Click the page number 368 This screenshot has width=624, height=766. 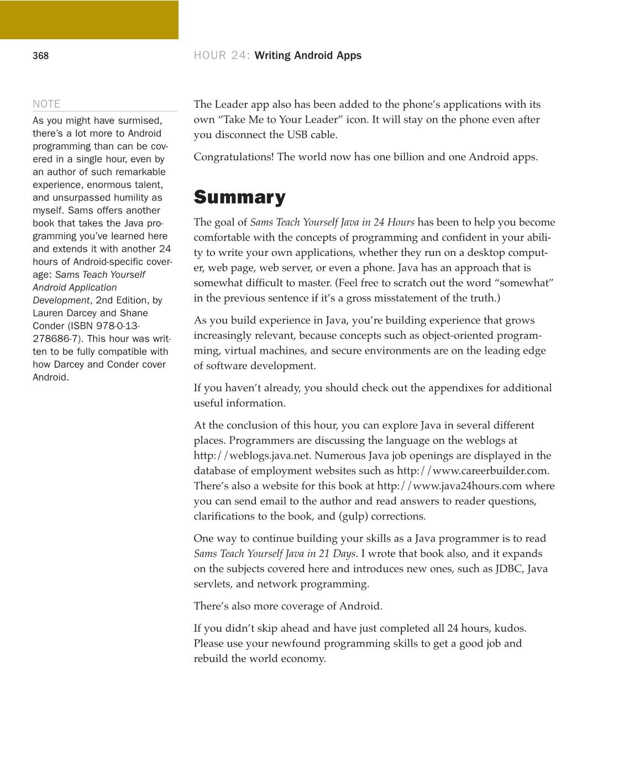40,56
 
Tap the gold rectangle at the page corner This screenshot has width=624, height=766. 89,19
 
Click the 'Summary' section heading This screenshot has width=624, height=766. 239,197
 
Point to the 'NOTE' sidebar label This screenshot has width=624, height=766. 46,104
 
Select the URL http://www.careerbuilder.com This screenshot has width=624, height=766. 473,471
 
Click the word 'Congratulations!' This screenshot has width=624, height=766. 233,157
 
